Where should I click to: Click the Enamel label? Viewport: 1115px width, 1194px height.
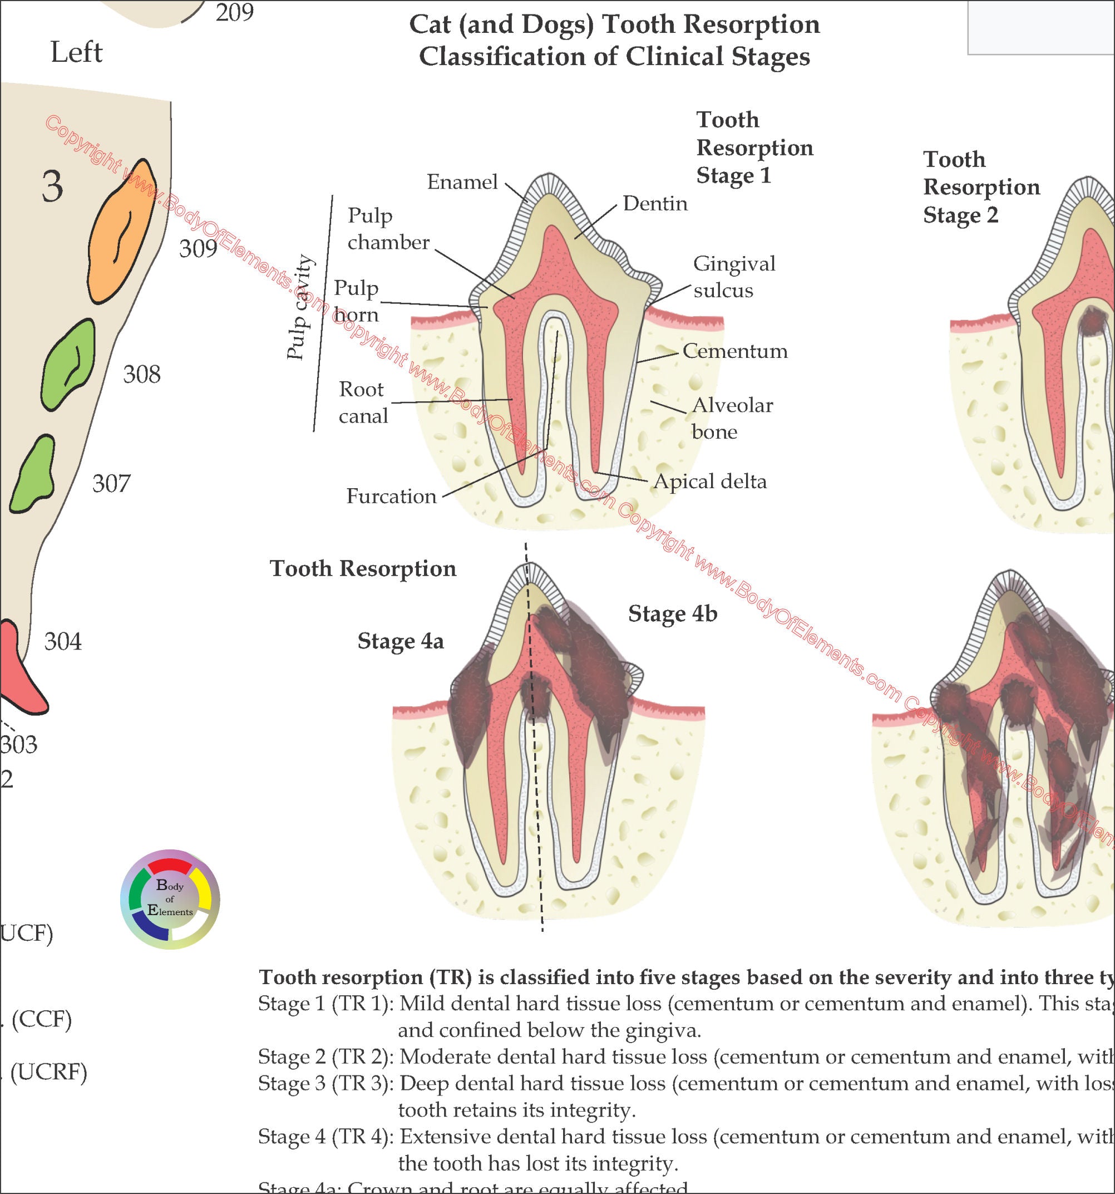click(x=462, y=182)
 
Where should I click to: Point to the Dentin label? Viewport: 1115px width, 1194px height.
click(x=655, y=204)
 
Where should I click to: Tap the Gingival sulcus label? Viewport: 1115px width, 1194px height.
click(x=734, y=277)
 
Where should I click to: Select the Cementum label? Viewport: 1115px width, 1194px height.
click(x=735, y=351)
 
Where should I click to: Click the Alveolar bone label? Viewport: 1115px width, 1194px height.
click(x=732, y=418)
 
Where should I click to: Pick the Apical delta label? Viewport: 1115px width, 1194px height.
click(x=710, y=481)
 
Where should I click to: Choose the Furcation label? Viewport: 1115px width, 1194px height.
click(x=391, y=497)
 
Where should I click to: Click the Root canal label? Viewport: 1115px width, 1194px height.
click(x=363, y=402)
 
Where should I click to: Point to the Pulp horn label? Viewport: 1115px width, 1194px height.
click(x=356, y=301)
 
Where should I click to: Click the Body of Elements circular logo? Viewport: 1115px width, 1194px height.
click(x=170, y=899)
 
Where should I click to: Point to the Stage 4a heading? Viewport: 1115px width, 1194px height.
click(x=401, y=641)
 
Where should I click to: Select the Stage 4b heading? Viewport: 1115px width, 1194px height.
click(x=673, y=614)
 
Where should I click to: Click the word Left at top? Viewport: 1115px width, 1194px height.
click(x=76, y=52)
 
